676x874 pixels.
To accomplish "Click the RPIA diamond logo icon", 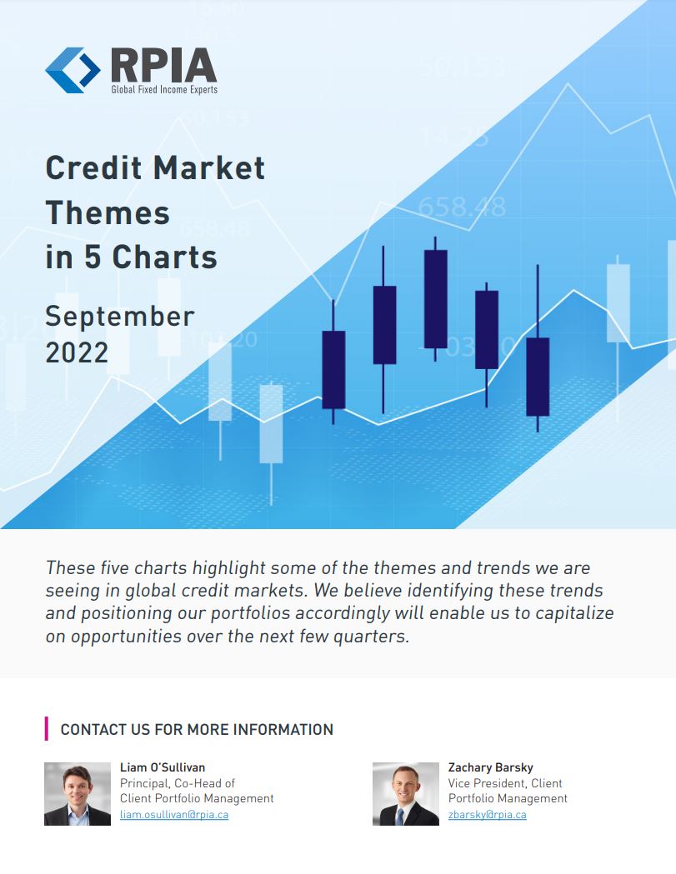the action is tap(73, 70).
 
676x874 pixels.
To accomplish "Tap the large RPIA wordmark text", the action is tap(163, 65).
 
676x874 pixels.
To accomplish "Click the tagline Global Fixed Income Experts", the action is tap(164, 89).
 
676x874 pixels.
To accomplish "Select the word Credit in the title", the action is tap(93, 167).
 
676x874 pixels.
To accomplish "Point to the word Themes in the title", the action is tap(108, 213).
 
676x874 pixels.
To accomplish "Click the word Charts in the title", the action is tap(164, 257).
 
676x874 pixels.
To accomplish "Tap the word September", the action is tap(120, 317).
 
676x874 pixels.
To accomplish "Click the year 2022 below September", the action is tap(77, 352).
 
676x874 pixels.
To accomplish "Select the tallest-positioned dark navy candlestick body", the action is tap(436, 299).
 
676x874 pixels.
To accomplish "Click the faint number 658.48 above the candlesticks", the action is tap(462, 207).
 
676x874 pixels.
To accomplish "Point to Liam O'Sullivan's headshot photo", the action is tap(78, 794).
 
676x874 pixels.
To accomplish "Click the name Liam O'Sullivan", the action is tap(163, 767).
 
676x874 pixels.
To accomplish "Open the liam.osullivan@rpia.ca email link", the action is tap(174, 814).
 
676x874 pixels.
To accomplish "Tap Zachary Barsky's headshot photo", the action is tap(405, 794).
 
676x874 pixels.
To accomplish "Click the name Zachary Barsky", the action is tap(490, 767).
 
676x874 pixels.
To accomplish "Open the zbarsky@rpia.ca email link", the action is tap(487, 814).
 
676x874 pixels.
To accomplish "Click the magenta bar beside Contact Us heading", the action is tap(47, 729).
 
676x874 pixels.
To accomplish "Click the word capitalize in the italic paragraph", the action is tap(574, 613).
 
